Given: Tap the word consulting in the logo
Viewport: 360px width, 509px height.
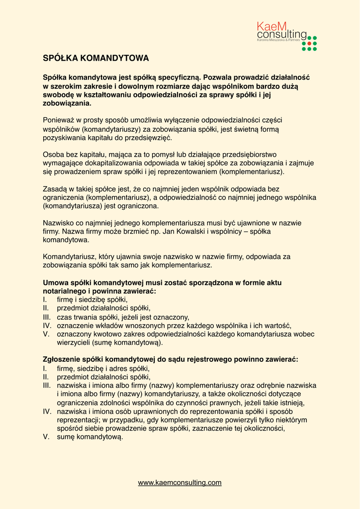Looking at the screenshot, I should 281,34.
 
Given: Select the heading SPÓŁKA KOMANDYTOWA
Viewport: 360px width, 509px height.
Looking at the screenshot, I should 96,58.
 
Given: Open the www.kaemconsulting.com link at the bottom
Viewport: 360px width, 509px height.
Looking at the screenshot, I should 180,482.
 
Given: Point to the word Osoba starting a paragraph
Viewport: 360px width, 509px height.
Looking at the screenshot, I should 53,154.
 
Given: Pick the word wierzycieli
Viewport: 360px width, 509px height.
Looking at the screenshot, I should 75,342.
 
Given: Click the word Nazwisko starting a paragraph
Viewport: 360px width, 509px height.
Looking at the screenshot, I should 59,223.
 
